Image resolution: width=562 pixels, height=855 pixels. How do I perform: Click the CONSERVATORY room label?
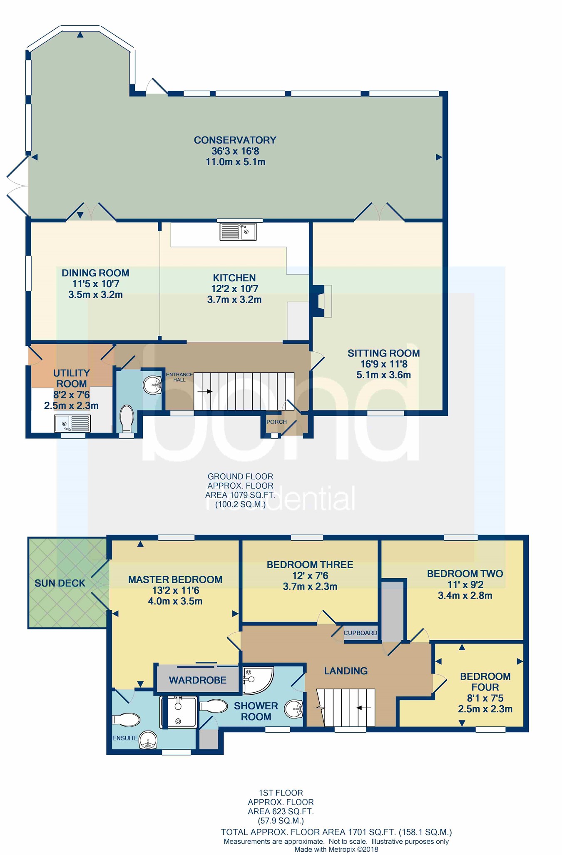235,140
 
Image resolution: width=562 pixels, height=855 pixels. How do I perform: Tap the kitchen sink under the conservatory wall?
238,232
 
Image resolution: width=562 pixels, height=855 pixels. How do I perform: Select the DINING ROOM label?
95,273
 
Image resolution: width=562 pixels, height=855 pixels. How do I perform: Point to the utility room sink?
72,424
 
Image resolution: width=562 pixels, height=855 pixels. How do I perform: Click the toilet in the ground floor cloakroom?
126,419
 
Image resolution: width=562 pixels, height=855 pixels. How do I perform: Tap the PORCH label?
276,422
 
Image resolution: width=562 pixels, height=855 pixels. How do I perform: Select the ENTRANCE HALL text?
179,377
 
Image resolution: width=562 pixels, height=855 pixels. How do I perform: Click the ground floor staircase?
244,391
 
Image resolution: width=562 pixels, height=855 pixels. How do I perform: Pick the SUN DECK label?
60,583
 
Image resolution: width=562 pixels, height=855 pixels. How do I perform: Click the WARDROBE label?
198,680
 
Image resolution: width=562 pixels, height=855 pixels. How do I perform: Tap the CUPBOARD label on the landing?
360,633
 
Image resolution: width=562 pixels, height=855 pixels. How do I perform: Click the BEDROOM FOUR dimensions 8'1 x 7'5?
485,698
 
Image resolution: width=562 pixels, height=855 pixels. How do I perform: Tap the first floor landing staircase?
346,708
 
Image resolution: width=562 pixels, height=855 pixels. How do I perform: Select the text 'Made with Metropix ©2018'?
336,850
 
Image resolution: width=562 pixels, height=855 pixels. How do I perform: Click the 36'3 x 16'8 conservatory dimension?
235,151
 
